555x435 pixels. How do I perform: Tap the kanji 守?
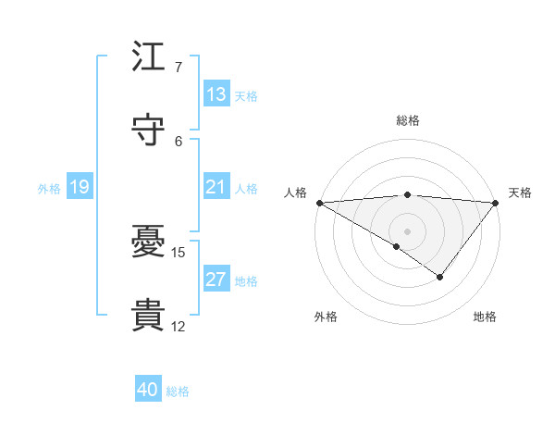[x=149, y=130]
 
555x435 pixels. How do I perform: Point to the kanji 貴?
[x=149, y=315]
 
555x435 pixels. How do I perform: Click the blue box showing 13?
[x=216, y=94]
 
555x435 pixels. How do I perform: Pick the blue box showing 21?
[x=216, y=187]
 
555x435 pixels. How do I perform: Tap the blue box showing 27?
[x=216, y=280]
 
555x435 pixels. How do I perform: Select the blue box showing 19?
[x=79, y=187]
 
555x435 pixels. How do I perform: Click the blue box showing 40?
[x=148, y=391]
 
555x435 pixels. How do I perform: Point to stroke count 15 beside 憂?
[x=179, y=252]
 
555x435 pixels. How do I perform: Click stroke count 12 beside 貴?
[x=178, y=326]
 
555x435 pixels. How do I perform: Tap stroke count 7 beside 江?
[x=178, y=68]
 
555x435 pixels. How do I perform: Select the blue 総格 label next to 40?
[x=178, y=391]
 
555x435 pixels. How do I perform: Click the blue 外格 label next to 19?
[x=49, y=188]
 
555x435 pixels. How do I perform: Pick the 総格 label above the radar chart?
[x=407, y=120]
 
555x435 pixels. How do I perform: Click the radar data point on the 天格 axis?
[x=496, y=202]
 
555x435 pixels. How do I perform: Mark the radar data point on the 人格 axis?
[x=318, y=202]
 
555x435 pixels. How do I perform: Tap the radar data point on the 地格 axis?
[x=440, y=277]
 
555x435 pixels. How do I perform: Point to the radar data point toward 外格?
[x=397, y=246]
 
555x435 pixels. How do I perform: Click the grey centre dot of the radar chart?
[x=407, y=230]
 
